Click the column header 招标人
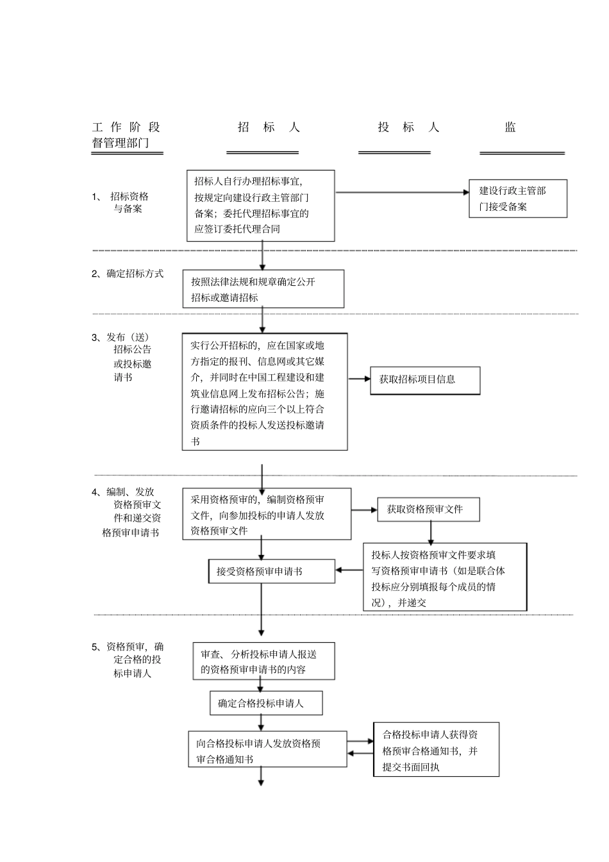269,128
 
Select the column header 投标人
408,128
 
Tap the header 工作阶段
126,128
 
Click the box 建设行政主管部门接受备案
518,199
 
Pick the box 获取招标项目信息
425,380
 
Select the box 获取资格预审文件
428,510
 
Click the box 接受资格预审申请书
272,571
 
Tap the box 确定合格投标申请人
266,703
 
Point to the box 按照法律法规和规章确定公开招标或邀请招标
263,289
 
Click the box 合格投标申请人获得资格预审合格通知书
436,750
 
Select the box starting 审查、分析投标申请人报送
263,661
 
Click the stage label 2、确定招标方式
128,274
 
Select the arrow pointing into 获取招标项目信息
360,379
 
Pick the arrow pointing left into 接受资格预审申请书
349,570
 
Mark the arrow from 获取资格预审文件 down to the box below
431,533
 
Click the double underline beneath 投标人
394,153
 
